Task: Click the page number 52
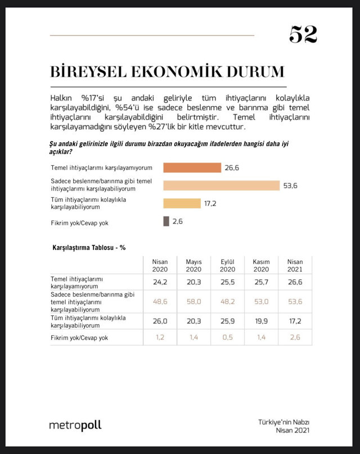click(303, 35)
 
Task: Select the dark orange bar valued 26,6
click(192, 168)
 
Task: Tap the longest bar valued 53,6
click(221, 186)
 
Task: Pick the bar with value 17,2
click(182, 203)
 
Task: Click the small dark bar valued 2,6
click(166, 221)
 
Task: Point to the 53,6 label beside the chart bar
click(291, 186)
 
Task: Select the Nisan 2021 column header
click(295, 265)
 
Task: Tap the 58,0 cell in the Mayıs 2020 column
click(193, 301)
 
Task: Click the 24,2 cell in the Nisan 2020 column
click(160, 282)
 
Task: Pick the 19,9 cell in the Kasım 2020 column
click(261, 321)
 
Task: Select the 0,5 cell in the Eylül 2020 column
click(227, 337)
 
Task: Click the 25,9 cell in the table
click(227, 321)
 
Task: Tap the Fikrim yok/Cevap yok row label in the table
click(79, 338)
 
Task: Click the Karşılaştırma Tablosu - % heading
click(88, 247)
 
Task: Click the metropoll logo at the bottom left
click(75, 425)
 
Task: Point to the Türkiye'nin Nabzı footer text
click(284, 422)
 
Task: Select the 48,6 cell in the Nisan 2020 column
click(160, 301)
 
